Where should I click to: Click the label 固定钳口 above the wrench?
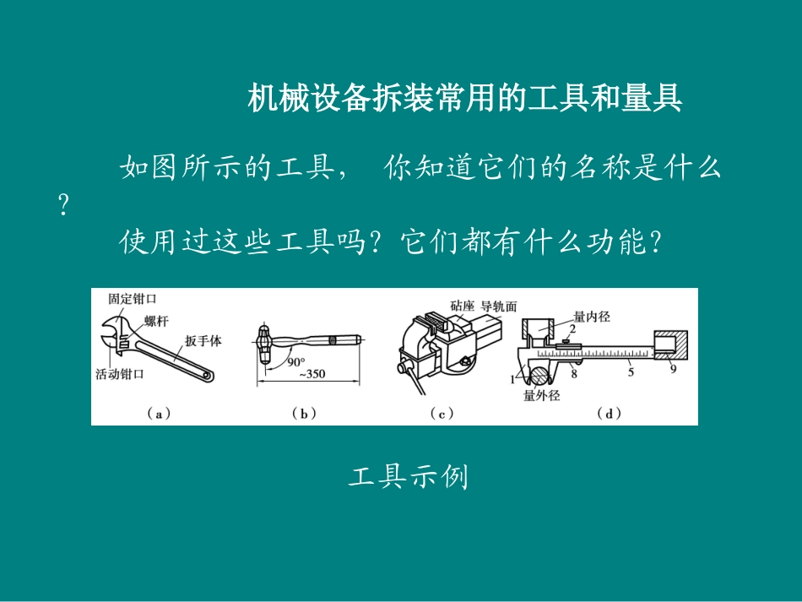coord(133,299)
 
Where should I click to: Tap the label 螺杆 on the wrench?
coord(156,321)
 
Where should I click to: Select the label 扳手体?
coord(203,341)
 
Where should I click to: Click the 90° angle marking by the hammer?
coord(295,361)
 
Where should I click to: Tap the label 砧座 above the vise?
coord(463,306)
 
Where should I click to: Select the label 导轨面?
coord(499,306)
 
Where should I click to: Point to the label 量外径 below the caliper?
coord(541,394)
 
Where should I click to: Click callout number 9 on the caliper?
coord(673,368)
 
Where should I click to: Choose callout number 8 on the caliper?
coord(573,372)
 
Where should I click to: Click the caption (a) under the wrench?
coord(159,413)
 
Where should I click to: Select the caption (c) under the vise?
coord(442,413)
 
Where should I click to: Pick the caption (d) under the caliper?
coord(608,413)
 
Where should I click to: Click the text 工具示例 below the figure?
coord(408,479)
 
